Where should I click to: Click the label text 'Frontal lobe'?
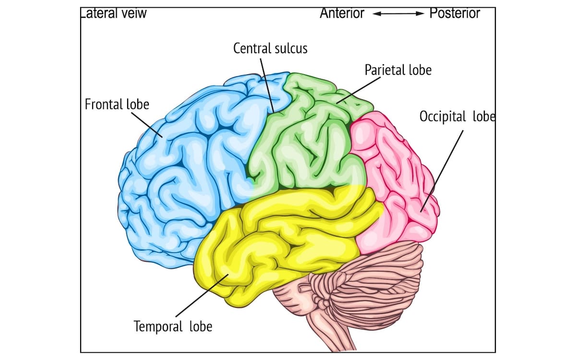(x=117, y=104)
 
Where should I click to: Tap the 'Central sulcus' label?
(x=270, y=48)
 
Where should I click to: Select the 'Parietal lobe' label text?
(x=398, y=70)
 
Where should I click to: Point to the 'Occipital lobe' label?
(x=456, y=117)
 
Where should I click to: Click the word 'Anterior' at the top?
(x=342, y=13)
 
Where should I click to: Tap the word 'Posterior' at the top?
(x=454, y=13)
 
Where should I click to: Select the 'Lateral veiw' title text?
(x=113, y=13)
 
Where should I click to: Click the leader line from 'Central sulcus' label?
(x=267, y=84)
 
